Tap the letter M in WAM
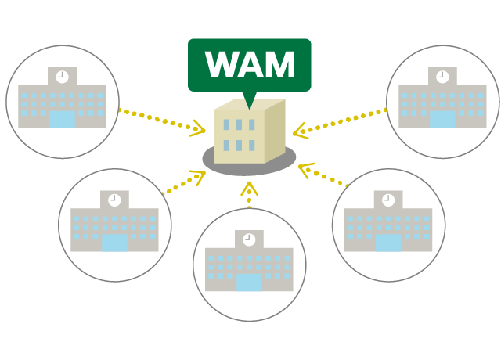(x=280, y=66)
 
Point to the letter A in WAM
(x=252, y=66)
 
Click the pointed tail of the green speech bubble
(x=250, y=101)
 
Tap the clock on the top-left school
(x=62, y=77)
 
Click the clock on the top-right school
(x=442, y=77)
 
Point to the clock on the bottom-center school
(x=249, y=239)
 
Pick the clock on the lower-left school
(x=114, y=200)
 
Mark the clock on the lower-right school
(x=388, y=200)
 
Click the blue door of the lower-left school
(x=114, y=243)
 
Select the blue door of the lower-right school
(x=388, y=243)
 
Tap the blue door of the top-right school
(x=442, y=120)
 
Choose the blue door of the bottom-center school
(x=249, y=283)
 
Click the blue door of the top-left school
(x=62, y=120)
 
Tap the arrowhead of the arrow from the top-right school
(x=300, y=131)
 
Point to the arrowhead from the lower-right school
(x=305, y=168)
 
